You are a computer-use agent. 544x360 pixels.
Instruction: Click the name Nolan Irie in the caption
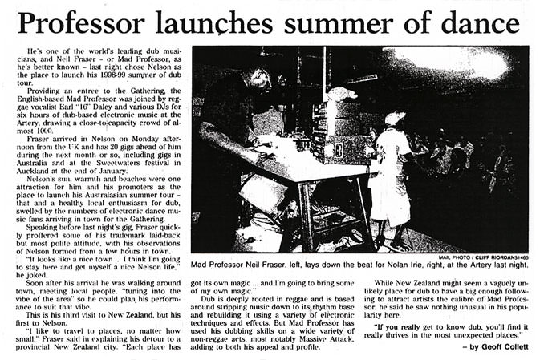point(408,265)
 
